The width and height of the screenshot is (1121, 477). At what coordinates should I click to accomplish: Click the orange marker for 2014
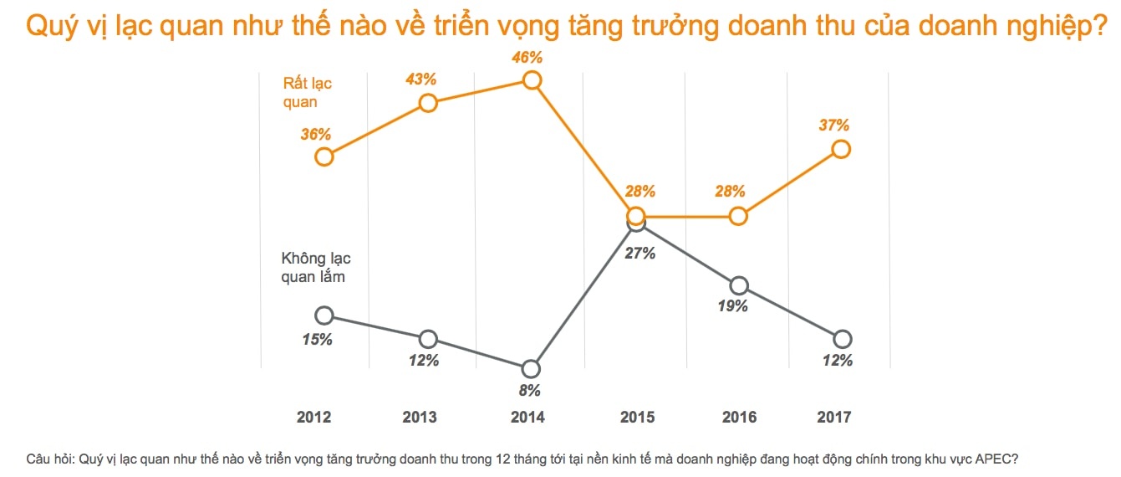tap(532, 80)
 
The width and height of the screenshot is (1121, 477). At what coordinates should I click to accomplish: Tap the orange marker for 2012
tap(324, 156)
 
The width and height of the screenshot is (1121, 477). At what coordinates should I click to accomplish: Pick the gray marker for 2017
tap(842, 339)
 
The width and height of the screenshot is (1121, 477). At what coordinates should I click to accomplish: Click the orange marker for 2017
tap(841, 149)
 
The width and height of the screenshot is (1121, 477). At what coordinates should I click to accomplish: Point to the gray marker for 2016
tap(738, 285)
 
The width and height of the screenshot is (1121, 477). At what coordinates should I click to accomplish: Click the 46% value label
tap(528, 58)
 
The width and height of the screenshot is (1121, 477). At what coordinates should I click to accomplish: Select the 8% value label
tap(530, 390)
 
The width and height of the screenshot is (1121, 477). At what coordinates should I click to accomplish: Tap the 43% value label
tap(421, 79)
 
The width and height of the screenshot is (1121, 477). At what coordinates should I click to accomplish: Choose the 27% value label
tap(639, 254)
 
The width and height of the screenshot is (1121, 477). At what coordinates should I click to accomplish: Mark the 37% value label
tap(834, 126)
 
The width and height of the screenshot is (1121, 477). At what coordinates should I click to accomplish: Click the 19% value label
tap(732, 306)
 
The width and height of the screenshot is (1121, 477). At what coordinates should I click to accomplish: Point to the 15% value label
tap(318, 339)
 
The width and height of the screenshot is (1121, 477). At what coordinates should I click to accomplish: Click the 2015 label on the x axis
tap(638, 417)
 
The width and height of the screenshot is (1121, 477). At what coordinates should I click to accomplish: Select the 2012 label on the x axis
tap(313, 417)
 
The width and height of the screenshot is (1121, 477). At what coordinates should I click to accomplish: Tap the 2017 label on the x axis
tap(833, 417)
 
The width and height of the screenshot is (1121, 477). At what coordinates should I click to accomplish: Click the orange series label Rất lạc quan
tap(308, 93)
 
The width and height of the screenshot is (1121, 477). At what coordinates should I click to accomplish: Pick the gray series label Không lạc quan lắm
tap(315, 268)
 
